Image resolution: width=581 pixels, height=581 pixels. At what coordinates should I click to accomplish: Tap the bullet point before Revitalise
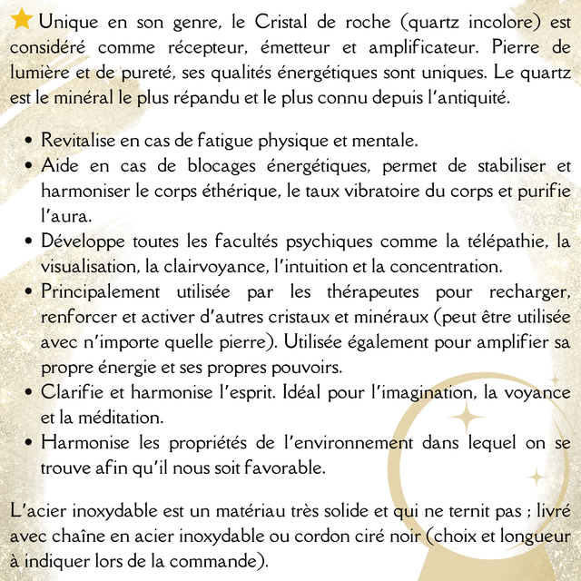tap(31, 142)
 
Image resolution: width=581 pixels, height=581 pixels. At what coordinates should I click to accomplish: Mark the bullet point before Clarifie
tap(31, 394)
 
